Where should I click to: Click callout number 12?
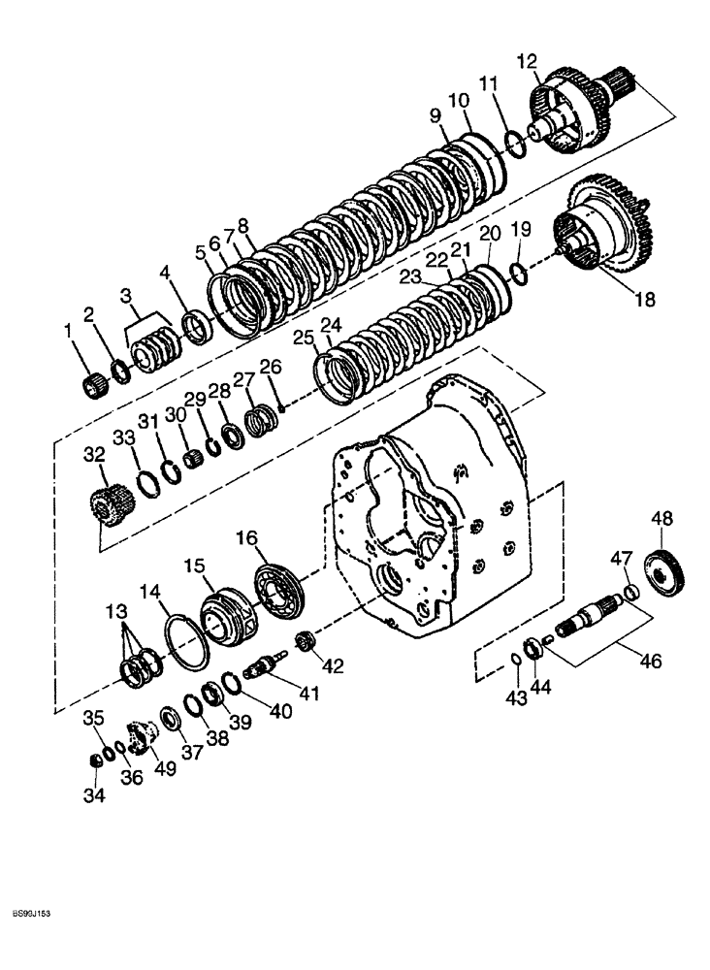point(527,62)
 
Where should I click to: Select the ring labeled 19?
point(521,275)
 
